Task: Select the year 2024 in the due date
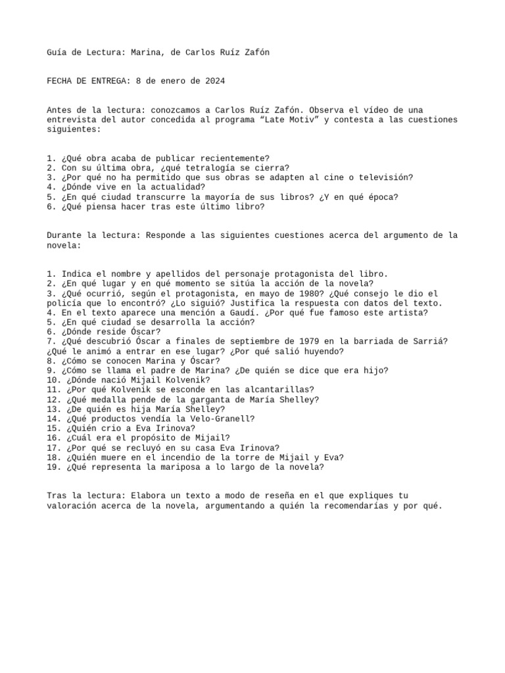215,81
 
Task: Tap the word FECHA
59,81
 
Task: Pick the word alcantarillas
279,390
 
